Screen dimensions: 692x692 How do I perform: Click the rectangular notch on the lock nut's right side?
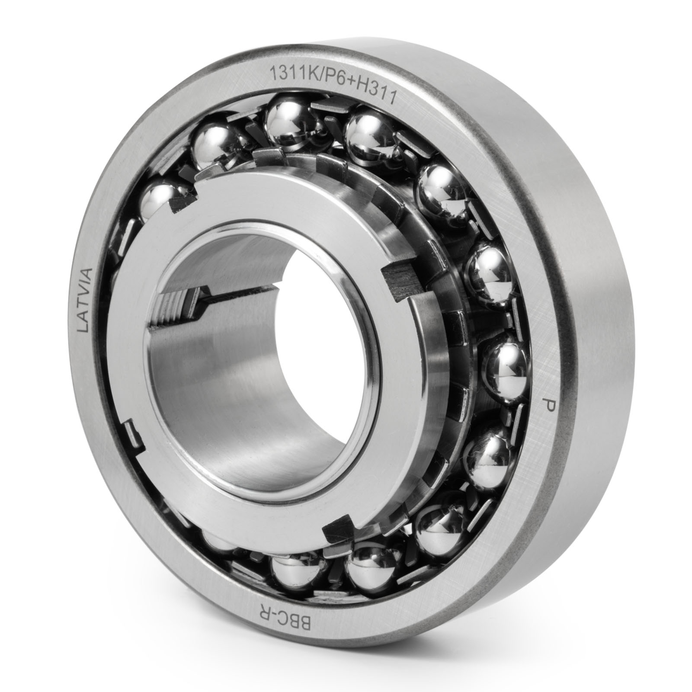point(404,284)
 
